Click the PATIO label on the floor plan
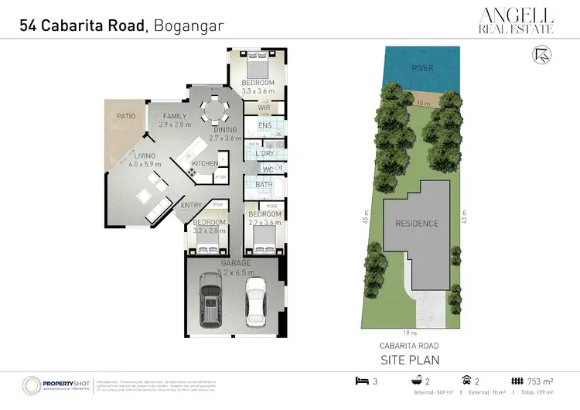coord(126,116)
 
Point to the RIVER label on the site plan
coord(422,68)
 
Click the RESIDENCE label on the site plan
coord(417,224)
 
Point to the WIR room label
coord(264,108)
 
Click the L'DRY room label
coord(264,154)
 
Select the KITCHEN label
coord(204,163)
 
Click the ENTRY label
coord(191,205)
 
